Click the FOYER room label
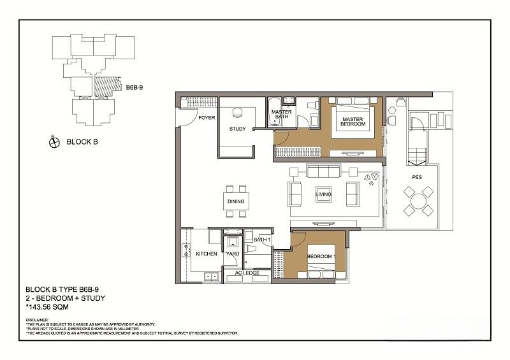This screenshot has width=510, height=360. click(207, 118)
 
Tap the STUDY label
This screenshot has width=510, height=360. click(237, 129)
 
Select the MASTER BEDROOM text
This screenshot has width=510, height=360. click(353, 122)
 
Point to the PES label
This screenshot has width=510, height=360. click(417, 177)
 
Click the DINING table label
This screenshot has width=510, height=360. click(236, 201)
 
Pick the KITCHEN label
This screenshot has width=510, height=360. click(207, 254)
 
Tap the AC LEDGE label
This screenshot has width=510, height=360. click(247, 273)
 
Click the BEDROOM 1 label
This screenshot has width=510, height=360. click(321, 256)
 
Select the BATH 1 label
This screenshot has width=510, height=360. click(262, 240)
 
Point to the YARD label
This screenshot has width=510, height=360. click(233, 254)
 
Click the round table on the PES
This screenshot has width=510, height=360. click(419, 201)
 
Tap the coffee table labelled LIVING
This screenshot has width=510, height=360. click(323, 194)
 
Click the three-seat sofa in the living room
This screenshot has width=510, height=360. click(323, 171)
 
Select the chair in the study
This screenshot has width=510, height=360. click(237, 113)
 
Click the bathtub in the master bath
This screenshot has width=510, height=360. click(275, 112)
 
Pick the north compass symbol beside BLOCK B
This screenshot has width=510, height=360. click(54, 142)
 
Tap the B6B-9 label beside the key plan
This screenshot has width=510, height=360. click(135, 87)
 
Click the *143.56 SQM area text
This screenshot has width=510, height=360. click(47, 307)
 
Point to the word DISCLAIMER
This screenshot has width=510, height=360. click(37, 320)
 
